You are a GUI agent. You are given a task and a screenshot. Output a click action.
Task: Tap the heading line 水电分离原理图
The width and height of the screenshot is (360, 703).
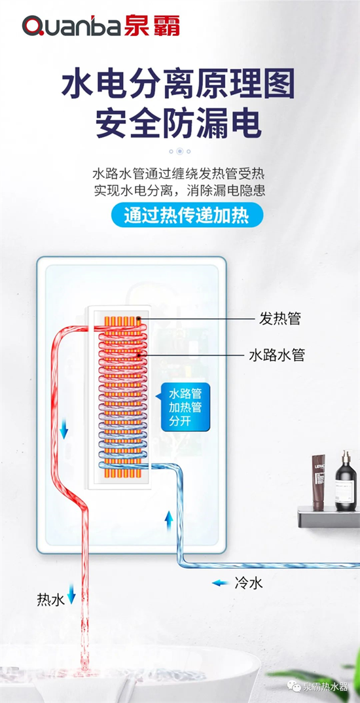(x=178, y=86)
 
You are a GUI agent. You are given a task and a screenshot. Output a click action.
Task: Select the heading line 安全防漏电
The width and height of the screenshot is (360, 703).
(x=178, y=122)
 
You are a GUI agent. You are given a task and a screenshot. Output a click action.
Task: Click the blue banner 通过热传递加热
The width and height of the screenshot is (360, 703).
(x=179, y=215)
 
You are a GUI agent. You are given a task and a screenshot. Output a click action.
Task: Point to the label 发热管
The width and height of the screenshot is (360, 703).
(x=279, y=319)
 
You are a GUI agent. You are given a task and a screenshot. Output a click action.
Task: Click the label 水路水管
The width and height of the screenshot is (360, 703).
(x=277, y=355)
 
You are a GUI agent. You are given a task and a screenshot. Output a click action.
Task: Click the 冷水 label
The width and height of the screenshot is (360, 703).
(x=249, y=582)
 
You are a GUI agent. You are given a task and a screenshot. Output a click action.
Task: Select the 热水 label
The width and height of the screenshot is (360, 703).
(x=50, y=600)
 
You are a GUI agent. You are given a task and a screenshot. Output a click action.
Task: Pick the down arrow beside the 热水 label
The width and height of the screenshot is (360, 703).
(x=71, y=597)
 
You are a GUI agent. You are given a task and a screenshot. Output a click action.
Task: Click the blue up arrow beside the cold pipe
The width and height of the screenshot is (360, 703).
(x=168, y=521)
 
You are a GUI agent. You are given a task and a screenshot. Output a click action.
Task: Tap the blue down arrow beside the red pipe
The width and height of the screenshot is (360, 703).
(x=64, y=430)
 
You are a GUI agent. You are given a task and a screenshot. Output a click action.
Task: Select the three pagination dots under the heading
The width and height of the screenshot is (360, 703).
(x=179, y=151)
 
